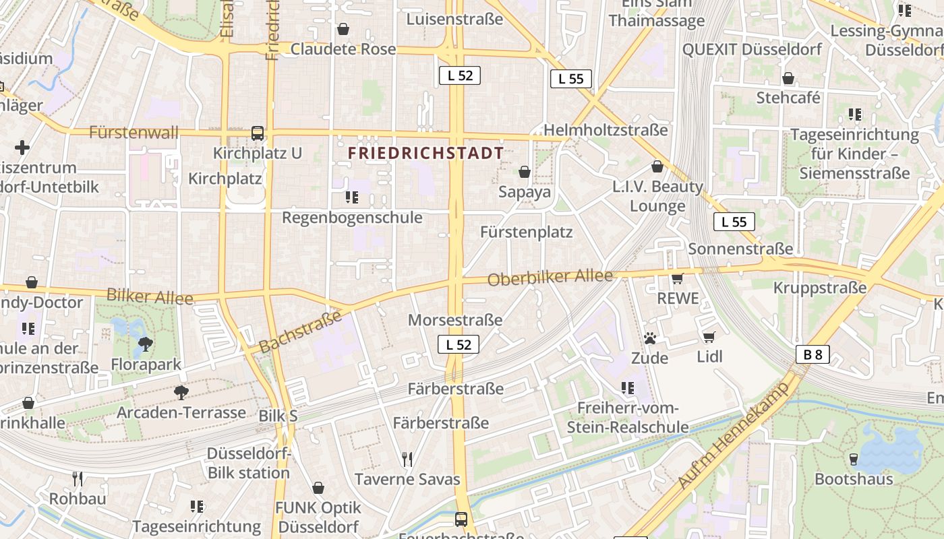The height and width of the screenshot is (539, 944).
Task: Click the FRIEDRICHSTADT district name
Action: tap(425, 154)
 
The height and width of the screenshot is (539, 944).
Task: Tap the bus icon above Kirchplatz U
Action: tap(258, 133)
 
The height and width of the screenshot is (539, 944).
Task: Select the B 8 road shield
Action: tap(812, 354)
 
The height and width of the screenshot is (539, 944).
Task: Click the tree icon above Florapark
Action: tap(145, 344)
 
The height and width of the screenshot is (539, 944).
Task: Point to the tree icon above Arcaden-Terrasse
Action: tap(181, 392)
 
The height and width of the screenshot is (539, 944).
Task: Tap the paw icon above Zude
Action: tap(650, 338)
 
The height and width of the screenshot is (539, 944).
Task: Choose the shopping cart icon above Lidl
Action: tap(709, 336)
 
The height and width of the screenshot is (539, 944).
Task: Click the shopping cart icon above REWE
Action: tap(678, 278)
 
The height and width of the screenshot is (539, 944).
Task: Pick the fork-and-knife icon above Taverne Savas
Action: tap(407, 459)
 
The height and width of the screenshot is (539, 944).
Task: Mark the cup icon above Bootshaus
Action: tap(854, 459)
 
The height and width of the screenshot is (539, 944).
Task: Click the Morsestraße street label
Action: tap(455, 320)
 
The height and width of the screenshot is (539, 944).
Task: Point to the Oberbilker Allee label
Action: tap(550, 277)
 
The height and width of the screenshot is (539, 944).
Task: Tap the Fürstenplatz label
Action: tap(526, 232)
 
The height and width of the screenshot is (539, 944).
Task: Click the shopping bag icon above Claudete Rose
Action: tap(343, 29)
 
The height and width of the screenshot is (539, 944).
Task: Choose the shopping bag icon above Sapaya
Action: tap(525, 172)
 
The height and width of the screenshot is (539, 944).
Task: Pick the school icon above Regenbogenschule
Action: tap(352, 197)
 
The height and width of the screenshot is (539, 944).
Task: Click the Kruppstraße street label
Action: tap(819, 288)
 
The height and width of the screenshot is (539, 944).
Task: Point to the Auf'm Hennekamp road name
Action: tap(734, 435)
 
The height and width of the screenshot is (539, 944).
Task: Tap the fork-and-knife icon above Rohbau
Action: tap(78, 479)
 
